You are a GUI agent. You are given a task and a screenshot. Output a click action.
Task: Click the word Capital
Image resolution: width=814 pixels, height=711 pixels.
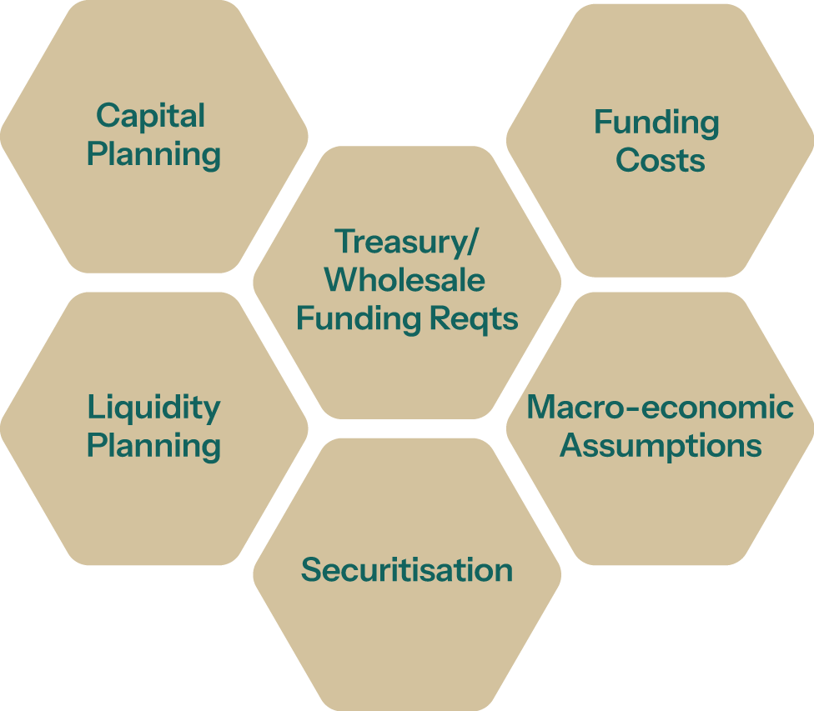150,116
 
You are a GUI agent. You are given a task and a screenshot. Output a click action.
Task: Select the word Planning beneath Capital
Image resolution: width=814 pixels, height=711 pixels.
153,155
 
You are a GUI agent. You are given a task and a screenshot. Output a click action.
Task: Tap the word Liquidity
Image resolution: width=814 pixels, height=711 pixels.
153,408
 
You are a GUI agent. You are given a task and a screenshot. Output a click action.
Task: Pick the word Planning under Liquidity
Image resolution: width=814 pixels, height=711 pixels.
153,446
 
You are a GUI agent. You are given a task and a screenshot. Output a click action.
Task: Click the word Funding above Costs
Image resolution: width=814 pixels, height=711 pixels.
656,123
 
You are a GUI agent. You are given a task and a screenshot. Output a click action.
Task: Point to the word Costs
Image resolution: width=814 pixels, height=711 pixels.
660,160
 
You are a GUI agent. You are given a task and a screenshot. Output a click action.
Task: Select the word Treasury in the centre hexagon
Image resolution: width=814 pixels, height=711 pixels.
401,241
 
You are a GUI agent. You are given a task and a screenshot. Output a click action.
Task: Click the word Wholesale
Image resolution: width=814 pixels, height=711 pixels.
407,280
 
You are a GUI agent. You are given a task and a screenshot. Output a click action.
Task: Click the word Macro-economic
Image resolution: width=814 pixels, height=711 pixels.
660,407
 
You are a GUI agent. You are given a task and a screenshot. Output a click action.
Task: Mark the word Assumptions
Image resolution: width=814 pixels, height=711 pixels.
660,446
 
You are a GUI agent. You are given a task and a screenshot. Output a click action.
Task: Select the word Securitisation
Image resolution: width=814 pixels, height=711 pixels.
407,570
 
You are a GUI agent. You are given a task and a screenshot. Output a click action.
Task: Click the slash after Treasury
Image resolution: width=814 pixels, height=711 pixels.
474,242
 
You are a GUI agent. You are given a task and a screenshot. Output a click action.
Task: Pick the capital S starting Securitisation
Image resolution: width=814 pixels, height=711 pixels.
311,570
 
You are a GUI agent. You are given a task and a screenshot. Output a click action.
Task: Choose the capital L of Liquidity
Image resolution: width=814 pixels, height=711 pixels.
94,408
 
